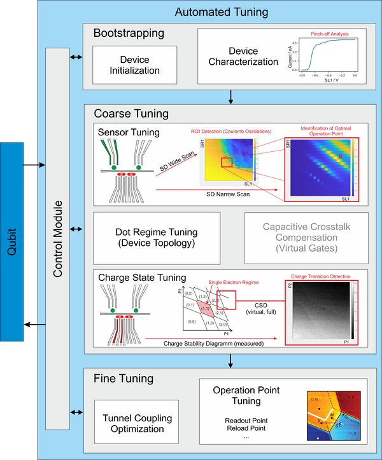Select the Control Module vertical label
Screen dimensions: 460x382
pyautogui.click(x=57, y=238)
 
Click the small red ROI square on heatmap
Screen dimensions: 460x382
pyautogui.click(x=226, y=163)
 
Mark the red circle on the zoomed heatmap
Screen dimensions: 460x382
pyautogui.click(x=340, y=154)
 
